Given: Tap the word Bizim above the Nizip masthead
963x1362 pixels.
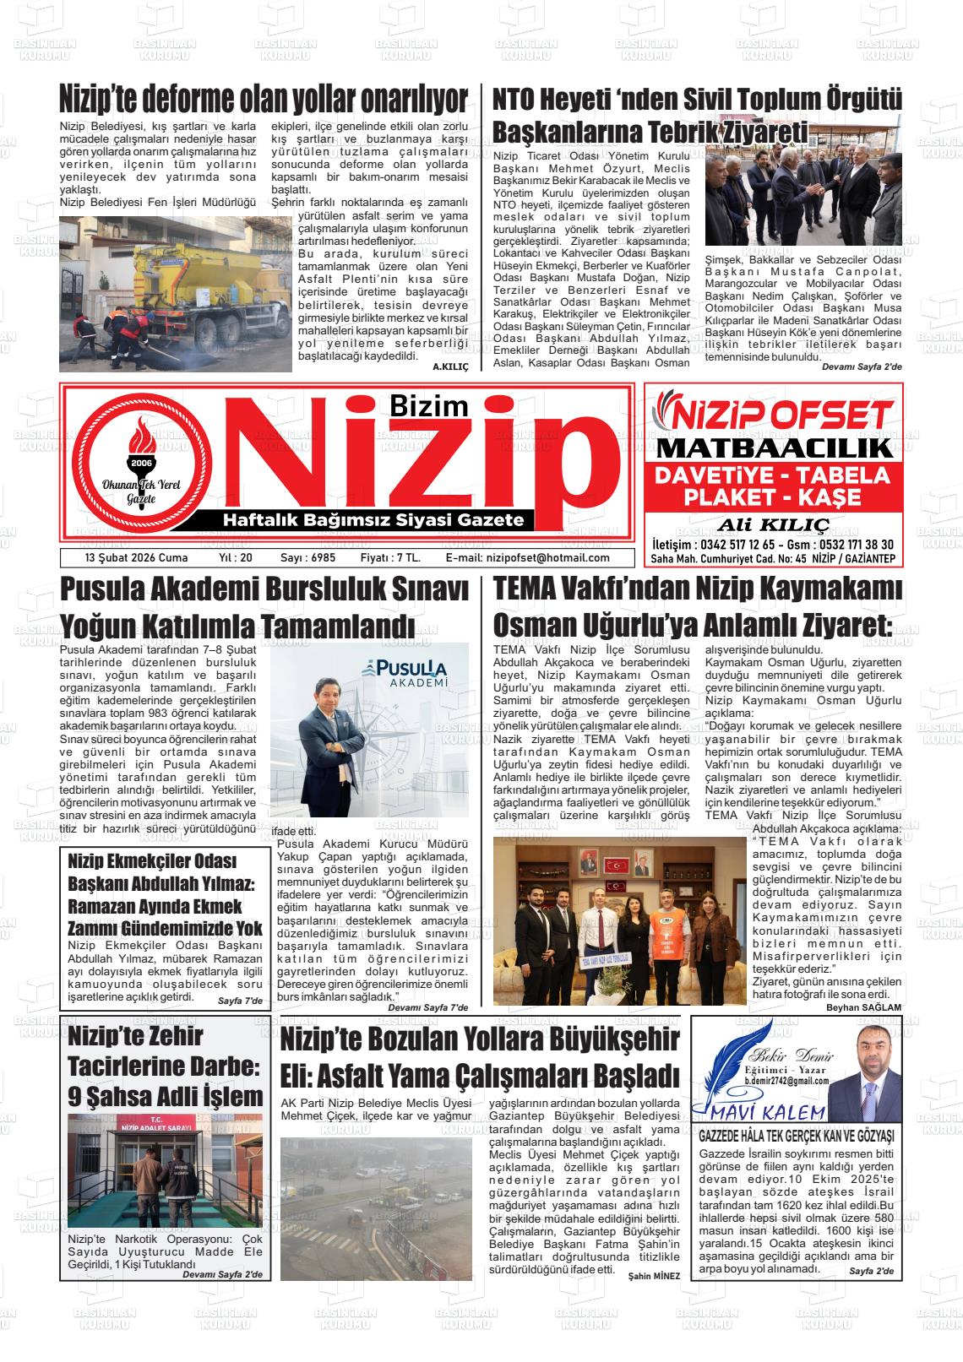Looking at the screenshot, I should pyautogui.click(x=429, y=405).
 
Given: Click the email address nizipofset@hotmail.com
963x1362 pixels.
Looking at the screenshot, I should pyautogui.click(x=547, y=558).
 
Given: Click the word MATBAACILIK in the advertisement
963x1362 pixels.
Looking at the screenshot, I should pyautogui.click(x=774, y=448).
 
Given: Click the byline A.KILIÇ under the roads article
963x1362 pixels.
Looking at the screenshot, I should pyautogui.click(x=450, y=366).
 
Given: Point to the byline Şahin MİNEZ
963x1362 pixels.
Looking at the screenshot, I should pyautogui.click(x=654, y=1275).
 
